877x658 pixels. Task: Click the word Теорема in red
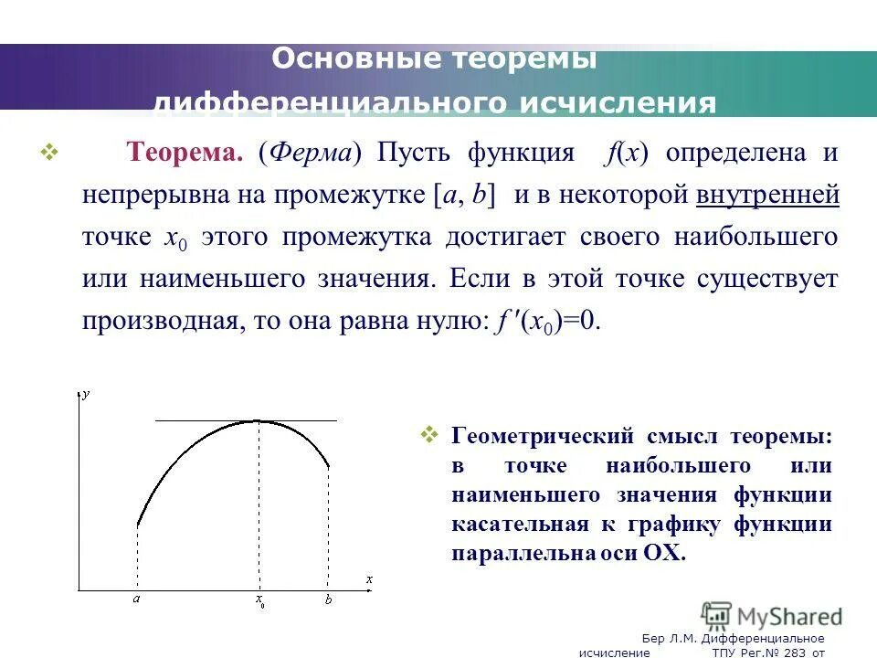(184, 153)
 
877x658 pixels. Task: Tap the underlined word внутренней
(767, 195)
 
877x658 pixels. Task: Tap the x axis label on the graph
(369, 579)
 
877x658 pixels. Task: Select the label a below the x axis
(136, 600)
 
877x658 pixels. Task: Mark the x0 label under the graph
(260, 601)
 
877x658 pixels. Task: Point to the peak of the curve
(259, 421)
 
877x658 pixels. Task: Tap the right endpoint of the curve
(330, 469)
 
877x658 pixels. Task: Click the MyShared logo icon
(717, 614)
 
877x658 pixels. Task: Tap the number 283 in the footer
(786, 653)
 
